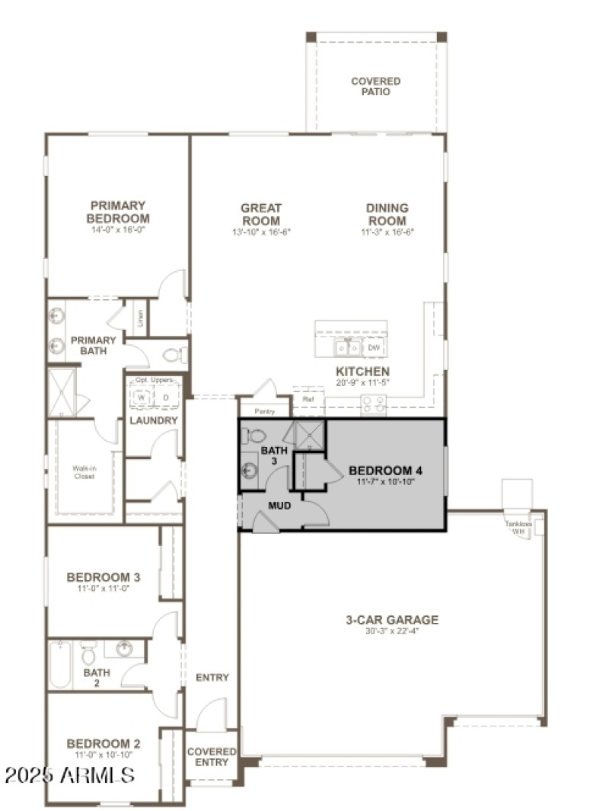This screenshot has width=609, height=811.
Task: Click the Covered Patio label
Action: pos(375,86)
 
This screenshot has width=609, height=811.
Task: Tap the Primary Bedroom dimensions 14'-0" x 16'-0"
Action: pos(118,228)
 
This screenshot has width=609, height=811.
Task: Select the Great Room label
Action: pos(261,213)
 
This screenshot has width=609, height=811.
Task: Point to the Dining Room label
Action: pos(387,213)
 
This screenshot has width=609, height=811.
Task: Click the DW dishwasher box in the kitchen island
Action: pos(373,348)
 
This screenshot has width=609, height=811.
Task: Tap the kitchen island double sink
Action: pos(349,348)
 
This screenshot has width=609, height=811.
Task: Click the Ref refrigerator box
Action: pos(308,399)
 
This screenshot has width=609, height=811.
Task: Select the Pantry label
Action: pos(264,411)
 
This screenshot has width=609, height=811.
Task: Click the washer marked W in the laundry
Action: pos(142,397)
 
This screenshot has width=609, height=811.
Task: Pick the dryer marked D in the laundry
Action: pos(166,397)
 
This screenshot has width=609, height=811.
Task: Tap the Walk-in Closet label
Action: pos(84,472)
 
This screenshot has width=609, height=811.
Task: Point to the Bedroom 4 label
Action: pos(385,471)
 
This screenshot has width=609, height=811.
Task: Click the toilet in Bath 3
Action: pos(254,436)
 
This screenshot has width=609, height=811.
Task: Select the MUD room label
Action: pos(279,505)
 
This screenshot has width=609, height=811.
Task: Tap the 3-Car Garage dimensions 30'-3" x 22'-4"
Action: pos(392,631)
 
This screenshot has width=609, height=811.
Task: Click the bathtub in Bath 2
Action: pos(61,664)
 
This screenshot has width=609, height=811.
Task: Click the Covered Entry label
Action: pos(212,756)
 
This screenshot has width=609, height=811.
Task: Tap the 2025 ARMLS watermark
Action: pos(70,775)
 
